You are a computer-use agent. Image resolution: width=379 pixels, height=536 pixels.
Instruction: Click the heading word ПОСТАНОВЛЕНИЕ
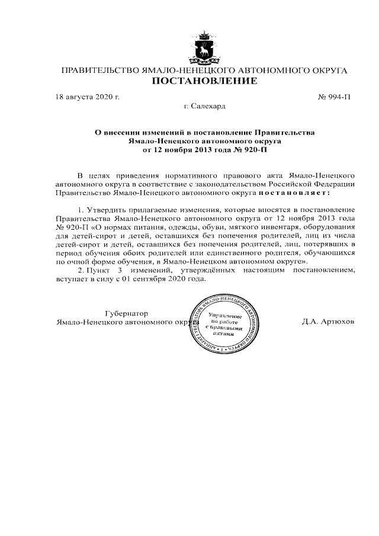tap(204, 81)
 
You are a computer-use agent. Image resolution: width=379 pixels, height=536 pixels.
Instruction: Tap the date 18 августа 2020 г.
tap(87, 96)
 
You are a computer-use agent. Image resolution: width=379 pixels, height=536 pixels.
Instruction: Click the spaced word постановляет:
tap(294, 192)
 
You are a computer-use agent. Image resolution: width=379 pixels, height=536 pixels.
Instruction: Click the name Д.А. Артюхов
tap(327, 322)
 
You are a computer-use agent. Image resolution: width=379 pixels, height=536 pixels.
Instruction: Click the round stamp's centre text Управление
tap(224, 317)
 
